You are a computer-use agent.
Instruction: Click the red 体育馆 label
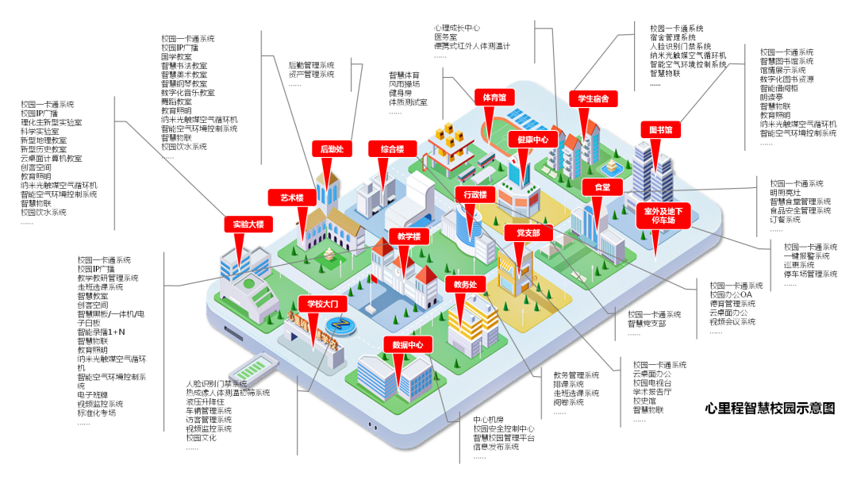point(495,97)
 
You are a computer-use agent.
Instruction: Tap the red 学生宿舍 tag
point(593,99)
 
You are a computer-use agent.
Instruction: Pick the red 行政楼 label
point(475,194)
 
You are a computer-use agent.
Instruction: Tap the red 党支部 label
point(528,233)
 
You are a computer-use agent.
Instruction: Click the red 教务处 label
point(465,284)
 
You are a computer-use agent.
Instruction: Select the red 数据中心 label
point(408,344)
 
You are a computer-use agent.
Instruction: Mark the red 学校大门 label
point(323,303)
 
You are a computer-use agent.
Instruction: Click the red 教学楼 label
point(409,236)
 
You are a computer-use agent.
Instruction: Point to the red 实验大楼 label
point(248,224)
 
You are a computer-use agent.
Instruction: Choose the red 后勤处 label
point(332,148)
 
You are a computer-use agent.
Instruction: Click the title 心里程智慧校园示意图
point(770,409)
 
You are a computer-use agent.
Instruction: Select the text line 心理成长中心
point(457,28)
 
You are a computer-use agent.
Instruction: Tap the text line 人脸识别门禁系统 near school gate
point(217,384)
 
